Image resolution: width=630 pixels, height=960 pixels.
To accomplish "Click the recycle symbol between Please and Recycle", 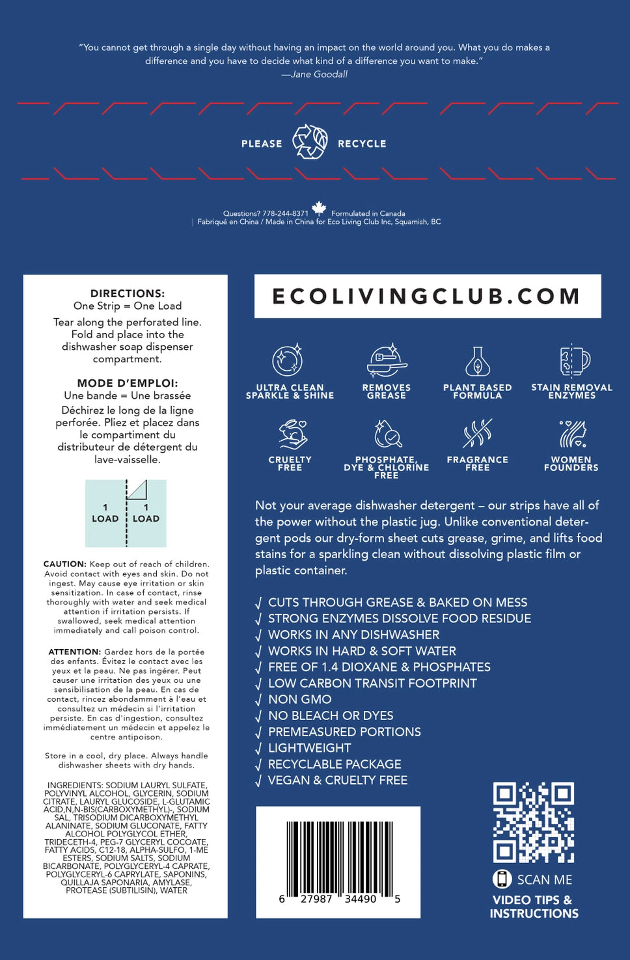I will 310,142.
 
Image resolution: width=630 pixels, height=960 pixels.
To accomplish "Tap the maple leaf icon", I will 319,208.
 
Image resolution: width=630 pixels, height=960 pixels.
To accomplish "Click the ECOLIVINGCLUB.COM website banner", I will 427,296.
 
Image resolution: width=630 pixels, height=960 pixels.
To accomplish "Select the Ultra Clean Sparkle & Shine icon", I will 288,360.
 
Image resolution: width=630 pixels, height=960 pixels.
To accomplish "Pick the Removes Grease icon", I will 387,361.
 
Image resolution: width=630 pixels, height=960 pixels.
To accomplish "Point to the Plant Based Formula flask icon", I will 478,361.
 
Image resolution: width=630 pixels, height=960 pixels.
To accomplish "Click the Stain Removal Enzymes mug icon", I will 573,360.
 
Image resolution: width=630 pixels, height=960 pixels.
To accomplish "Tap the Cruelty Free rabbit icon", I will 292,434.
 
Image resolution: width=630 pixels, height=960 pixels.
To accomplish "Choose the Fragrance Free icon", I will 478,434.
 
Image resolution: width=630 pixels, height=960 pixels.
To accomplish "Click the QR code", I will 534,823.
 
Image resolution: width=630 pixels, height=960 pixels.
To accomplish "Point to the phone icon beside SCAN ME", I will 502,879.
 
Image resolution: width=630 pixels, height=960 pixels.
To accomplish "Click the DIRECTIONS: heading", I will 128,293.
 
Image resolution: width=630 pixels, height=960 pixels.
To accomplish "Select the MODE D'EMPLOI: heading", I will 128,383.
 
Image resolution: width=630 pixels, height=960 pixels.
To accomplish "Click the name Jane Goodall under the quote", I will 319,74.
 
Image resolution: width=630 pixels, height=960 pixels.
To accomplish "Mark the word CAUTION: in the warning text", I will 64,564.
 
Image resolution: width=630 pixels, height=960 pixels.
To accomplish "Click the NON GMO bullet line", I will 299,699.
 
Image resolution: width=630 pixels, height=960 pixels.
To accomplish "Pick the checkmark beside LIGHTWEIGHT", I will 259,749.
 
